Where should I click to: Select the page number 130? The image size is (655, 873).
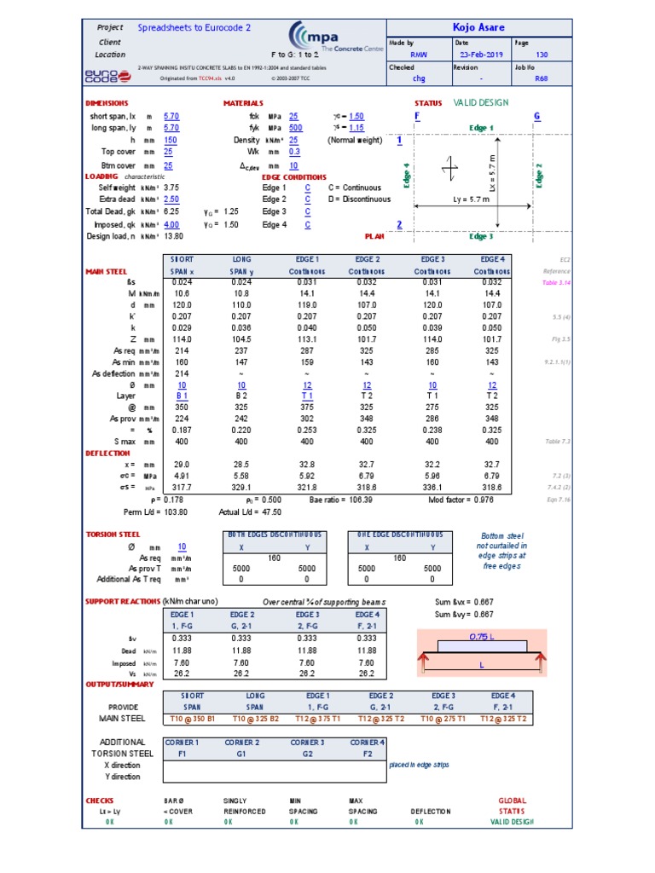click(542, 54)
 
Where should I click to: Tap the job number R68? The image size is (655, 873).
click(542, 78)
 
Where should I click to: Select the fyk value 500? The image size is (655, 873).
click(294, 128)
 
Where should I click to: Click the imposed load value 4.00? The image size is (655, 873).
click(171, 224)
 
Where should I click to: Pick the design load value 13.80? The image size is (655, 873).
click(172, 236)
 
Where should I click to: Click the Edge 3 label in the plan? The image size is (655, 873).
click(481, 236)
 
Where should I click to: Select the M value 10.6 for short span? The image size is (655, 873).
click(181, 292)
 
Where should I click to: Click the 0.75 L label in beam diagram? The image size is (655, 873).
click(484, 636)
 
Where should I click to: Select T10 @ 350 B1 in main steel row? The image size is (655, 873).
click(181, 719)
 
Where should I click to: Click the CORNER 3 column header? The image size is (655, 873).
click(306, 743)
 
